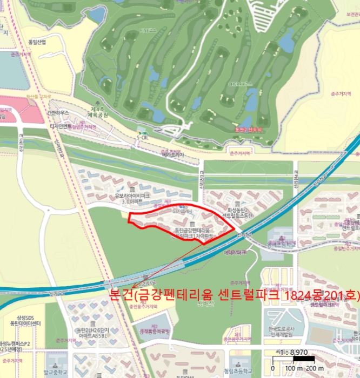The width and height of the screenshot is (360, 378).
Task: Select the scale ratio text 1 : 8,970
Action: pyautogui.click(x=293, y=352)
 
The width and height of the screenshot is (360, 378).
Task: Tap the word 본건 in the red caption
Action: pyautogui.click(x=121, y=295)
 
